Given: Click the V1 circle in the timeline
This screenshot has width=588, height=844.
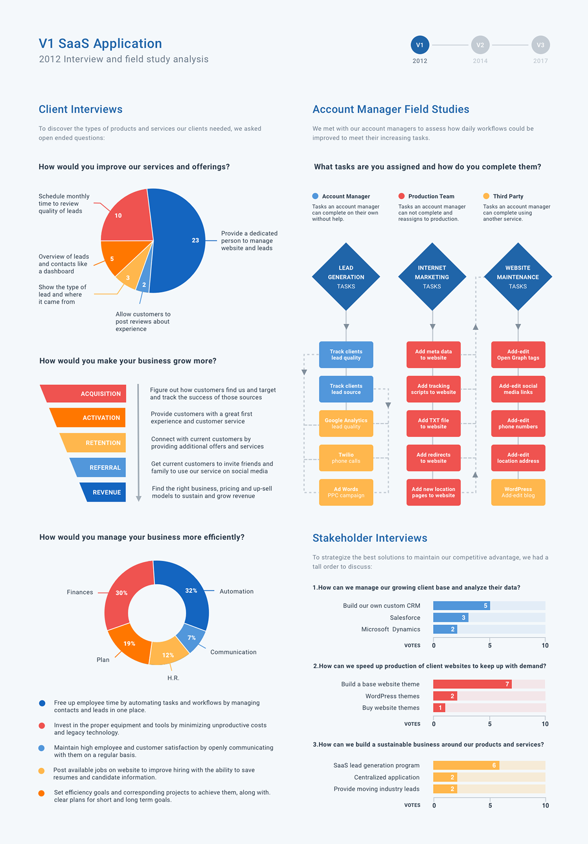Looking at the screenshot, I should click(420, 45).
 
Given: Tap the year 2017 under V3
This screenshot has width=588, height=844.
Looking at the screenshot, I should click(540, 61).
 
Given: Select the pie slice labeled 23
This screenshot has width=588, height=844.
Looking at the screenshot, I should click(179, 240).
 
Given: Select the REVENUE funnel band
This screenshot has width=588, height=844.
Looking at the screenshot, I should click(104, 492).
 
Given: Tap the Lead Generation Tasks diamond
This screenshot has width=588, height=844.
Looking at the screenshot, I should click(346, 277).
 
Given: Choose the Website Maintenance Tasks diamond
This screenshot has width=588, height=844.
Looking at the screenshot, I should click(518, 277).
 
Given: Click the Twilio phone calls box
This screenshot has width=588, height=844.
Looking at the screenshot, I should click(346, 458).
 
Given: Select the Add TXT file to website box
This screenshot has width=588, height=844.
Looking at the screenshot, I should click(433, 423).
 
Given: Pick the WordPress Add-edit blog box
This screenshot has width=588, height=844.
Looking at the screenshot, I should click(518, 492).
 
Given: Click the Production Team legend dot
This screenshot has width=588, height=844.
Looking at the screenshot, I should click(401, 196).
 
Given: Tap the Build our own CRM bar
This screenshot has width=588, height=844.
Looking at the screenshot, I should click(461, 606).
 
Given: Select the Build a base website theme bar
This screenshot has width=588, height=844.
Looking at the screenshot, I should click(472, 684).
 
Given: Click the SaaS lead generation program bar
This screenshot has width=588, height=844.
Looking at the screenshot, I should click(465, 765).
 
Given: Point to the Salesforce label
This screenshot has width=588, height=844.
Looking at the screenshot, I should click(405, 618).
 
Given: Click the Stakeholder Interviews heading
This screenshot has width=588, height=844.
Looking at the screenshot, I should click(369, 538).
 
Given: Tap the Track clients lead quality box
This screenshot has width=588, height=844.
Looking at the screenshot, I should click(346, 355).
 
